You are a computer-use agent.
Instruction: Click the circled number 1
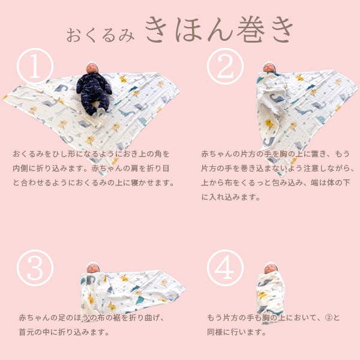tap(35, 66)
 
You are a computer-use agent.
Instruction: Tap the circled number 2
tap(225, 66)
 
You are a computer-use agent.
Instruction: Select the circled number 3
tap(35, 268)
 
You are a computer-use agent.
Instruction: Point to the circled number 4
tap(225, 268)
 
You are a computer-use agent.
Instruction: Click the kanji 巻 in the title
tap(251, 30)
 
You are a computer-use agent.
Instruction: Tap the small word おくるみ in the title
tap(100, 35)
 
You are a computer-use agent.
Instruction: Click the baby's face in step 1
tap(92, 68)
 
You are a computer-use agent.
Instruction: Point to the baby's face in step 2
tap(269, 68)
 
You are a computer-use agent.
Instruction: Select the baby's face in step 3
tap(93, 268)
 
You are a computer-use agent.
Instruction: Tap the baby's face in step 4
tap(271, 269)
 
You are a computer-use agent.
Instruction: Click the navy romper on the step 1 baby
tap(94, 92)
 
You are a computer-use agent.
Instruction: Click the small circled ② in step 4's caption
tap(329, 317)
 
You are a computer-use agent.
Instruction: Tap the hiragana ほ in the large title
tap(189, 30)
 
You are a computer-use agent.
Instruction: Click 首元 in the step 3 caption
tap(26, 332)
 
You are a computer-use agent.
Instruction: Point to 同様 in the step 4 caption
tap(215, 332)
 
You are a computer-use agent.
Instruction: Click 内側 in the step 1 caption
tap(20, 168)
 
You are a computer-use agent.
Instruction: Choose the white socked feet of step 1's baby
tap(100, 113)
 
